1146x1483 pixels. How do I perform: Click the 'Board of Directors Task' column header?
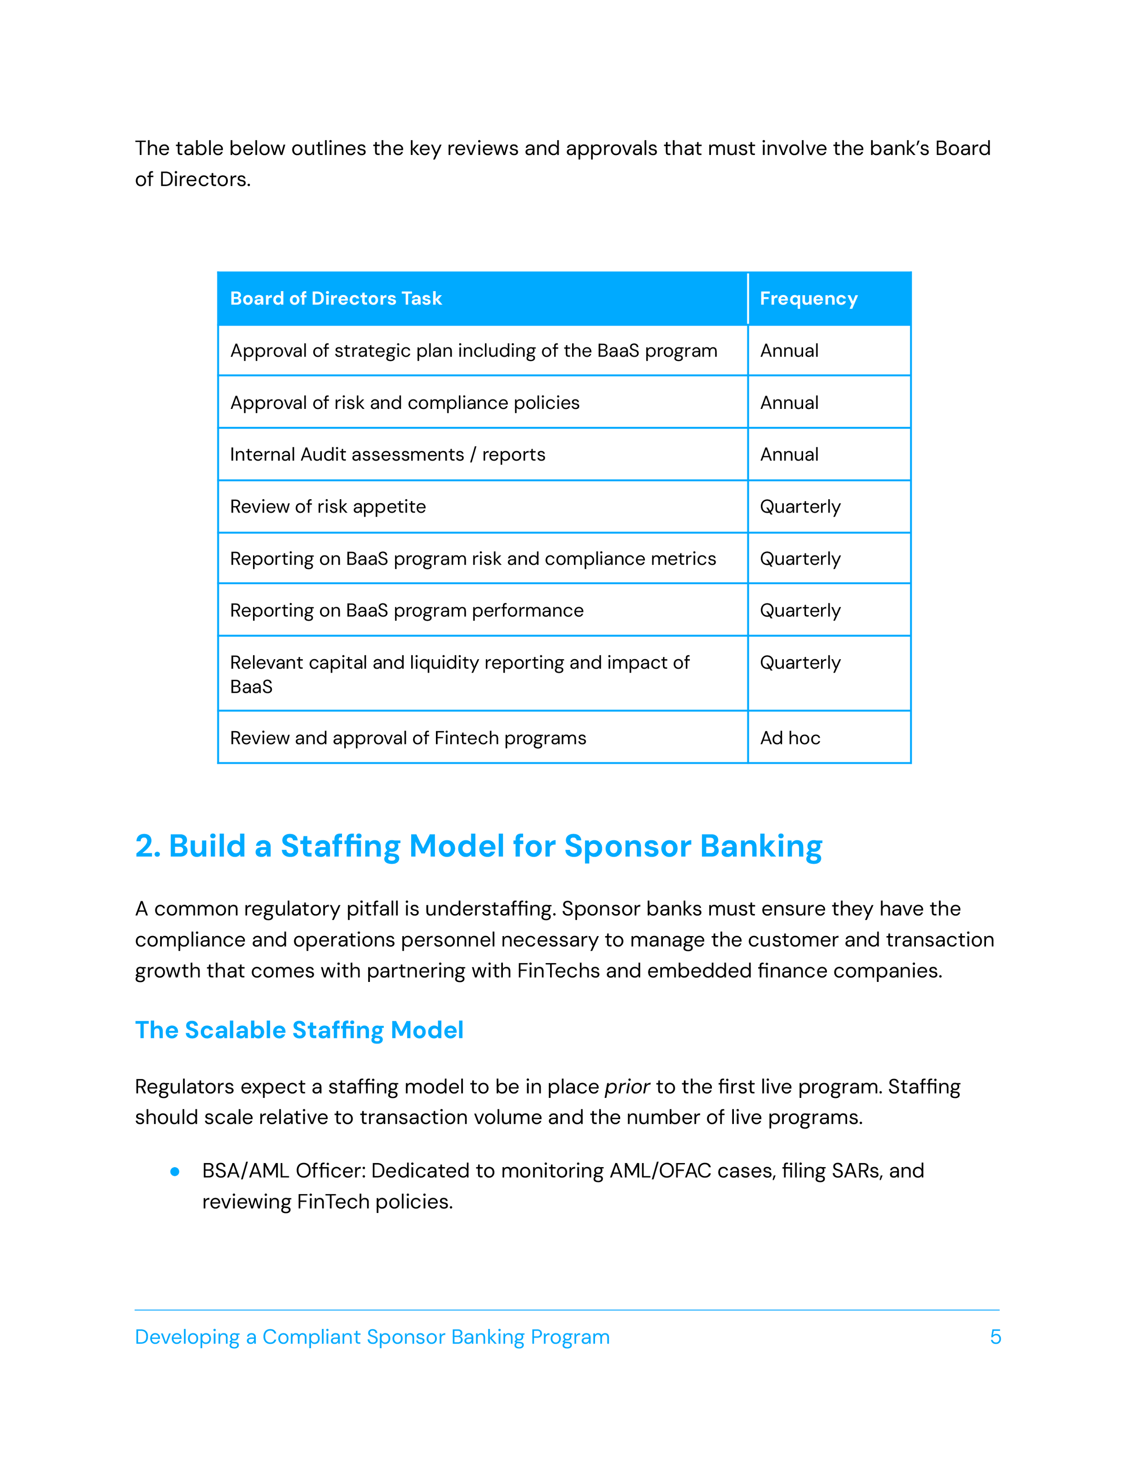[336, 299]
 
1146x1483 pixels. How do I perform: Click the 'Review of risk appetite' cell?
[328, 507]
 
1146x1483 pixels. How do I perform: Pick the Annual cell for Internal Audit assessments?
[789, 454]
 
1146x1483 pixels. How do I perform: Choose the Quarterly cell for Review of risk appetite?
[800, 507]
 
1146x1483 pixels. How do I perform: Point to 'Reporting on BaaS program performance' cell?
[407, 611]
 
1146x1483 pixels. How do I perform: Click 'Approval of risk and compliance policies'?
[405, 402]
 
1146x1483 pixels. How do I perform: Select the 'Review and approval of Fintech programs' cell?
[408, 738]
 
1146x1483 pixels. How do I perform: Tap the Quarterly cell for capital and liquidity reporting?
[800, 663]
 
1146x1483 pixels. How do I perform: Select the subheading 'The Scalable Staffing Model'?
[299, 1030]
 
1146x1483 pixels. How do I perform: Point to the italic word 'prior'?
[627, 1087]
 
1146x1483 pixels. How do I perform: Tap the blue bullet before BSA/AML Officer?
[175, 1171]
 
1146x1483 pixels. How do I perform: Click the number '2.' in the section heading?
[147, 846]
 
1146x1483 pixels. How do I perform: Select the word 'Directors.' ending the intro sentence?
[205, 179]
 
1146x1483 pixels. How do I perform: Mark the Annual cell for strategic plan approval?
[789, 350]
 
